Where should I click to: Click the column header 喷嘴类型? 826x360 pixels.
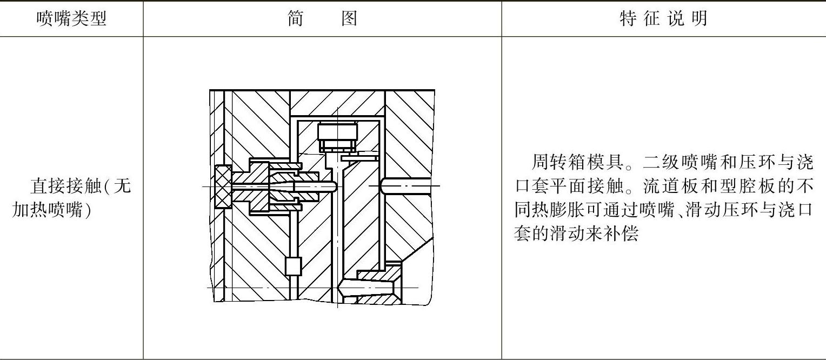(x=71, y=19)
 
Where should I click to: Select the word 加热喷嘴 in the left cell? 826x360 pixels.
(x=50, y=210)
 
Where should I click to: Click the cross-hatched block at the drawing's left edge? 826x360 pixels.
(x=223, y=186)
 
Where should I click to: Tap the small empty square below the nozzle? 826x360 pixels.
(x=292, y=266)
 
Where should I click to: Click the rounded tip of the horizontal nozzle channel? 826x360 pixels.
(x=333, y=186)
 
